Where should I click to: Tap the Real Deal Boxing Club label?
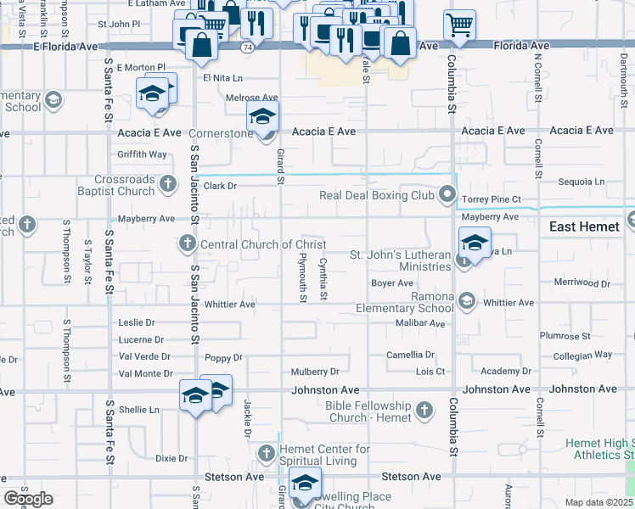[376, 196]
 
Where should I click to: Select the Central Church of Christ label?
[251, 244]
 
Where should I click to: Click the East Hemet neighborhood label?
[584, 227]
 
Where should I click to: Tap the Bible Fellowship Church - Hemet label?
[368, 411]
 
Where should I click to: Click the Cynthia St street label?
[323, 280]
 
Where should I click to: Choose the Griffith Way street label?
[143, 154]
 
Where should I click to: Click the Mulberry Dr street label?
[314, 372]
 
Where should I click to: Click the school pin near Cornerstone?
[262, 120]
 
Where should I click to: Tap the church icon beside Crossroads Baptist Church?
[168, 182]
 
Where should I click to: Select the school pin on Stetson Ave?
[304, 484]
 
